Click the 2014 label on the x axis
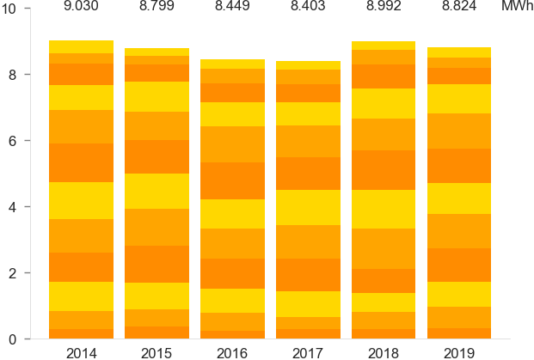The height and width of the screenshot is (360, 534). [82, 352]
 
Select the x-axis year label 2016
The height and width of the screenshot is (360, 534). [232, 352]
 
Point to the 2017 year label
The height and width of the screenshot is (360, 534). [307, 352]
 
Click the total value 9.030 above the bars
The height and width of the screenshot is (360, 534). [82, 8]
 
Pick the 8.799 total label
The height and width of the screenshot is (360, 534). [157, 8]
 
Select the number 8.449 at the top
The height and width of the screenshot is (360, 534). [232, 8]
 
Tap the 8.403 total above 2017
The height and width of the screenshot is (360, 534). [307, 8]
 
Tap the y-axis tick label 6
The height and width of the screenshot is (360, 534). [26, 141]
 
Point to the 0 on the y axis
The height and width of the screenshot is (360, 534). [26, 339]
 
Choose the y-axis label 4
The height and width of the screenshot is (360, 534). [26, 207]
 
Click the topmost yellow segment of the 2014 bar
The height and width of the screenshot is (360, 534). [82, 46]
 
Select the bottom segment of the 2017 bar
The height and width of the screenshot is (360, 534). [307, 334]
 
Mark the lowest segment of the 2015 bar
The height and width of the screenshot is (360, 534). [157, 333]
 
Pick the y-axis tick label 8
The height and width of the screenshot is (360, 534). [26, 75]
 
